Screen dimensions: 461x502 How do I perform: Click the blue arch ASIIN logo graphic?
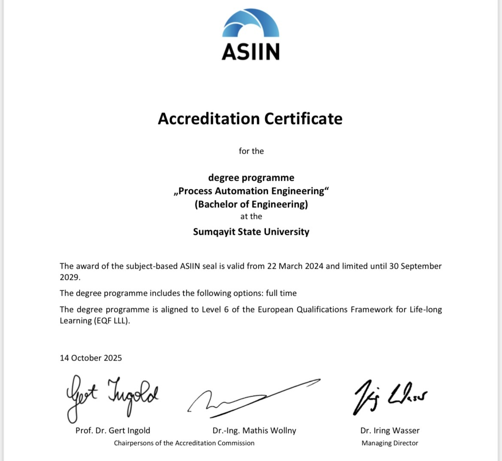[251, 24]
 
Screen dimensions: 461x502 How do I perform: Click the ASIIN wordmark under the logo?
[251, 52]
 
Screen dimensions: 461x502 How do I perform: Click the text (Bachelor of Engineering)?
[251, 204]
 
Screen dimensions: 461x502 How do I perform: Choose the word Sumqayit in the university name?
[213, 232]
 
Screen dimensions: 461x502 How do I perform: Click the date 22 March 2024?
[295, 266]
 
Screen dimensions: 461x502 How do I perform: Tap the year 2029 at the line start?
[69, 277]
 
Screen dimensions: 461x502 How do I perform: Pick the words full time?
[281, 293]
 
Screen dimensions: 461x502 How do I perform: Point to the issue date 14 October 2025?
[91, 358]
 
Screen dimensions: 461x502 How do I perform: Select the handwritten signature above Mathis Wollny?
[253, 398]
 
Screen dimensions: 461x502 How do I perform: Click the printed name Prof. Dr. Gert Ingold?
[113, 431]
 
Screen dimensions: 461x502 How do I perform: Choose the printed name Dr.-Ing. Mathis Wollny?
[254, 431]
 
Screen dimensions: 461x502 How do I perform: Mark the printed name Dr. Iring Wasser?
[390, 431]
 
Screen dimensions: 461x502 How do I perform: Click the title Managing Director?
[390, 443]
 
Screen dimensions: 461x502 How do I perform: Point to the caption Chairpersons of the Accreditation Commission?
[184, 443]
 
